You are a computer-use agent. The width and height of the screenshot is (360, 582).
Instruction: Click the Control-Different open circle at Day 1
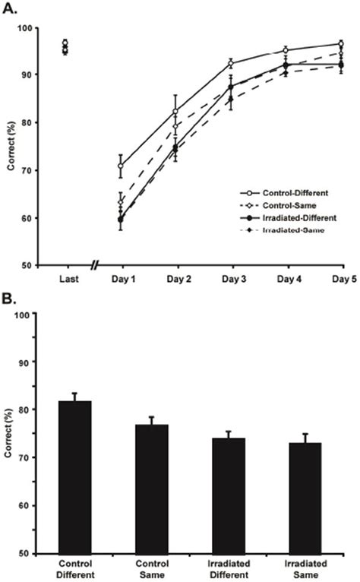(121, 166)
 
